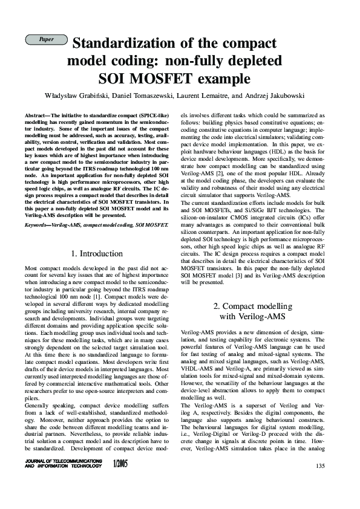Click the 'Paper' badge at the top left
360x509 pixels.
[x=46, y=39]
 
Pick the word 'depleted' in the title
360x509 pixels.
[x=258, y=62]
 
